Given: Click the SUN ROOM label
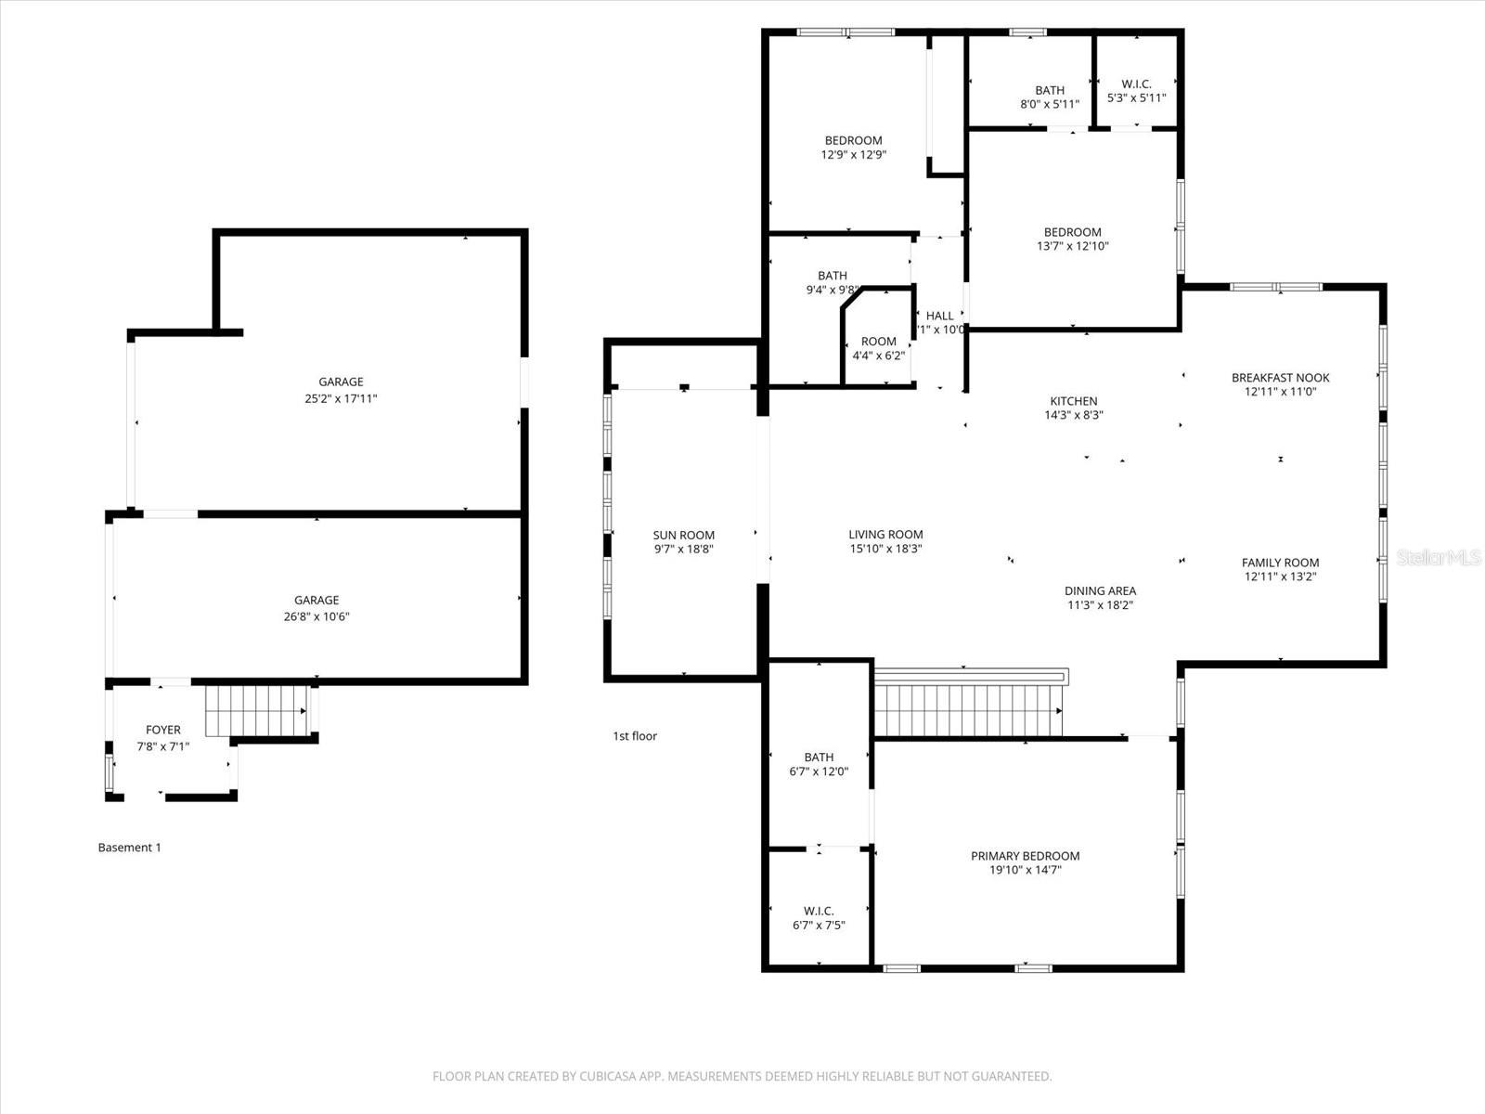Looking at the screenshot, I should click(683, 535).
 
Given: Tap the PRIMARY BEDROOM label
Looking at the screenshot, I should click(1025, 856).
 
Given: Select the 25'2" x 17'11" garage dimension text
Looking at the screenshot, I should click(341, 398).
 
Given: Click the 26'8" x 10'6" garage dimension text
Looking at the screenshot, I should click(316, 616).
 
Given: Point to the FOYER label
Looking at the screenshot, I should click(163, 730).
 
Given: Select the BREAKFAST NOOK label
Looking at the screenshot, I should click(1280, 377).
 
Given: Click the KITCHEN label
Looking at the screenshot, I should click(1073, 401).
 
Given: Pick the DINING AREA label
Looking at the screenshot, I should click(1100, 590).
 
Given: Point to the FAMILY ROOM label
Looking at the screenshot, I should click(1280, 562).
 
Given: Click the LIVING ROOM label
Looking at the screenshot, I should click(885, 534).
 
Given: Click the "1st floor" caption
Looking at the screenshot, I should click(635, 736).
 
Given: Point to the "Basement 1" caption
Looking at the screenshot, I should click(130, 848).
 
